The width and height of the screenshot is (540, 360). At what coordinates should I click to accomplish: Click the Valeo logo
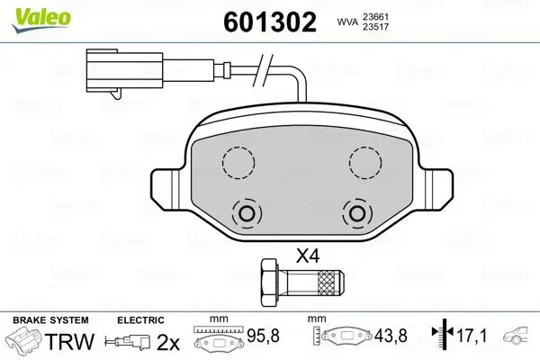click(41, 21)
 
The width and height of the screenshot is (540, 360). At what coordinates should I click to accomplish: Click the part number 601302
click(270, 22)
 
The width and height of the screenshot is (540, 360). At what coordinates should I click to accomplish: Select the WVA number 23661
click(375, 17)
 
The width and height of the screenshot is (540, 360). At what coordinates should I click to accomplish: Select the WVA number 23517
click(375, 27)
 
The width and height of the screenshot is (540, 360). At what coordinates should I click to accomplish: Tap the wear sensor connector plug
click(124, 72)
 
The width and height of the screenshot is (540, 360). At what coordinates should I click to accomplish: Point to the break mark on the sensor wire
click(263, 70)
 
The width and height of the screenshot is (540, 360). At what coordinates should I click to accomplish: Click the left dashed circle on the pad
click(238, 162)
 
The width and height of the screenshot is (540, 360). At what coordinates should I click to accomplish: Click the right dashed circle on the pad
click(365, 162)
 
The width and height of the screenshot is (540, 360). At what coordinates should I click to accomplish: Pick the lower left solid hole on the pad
click(247, 213)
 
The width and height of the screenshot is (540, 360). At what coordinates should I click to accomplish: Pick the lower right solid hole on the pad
click(357, 213)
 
